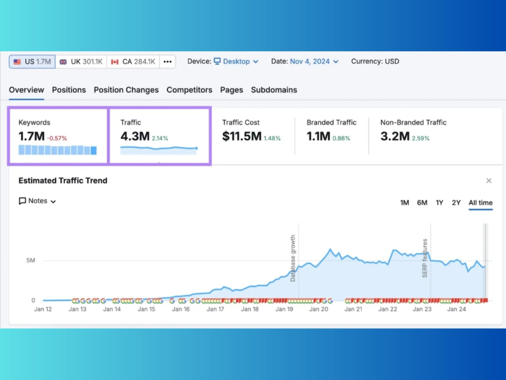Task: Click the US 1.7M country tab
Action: click(x=32, y=62)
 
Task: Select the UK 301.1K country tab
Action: click(x=81, y=62)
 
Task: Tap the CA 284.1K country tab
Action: click(x=133, y=62)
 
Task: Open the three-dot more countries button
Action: click(x=167, y=62)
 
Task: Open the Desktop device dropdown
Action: click(x=236, y=61)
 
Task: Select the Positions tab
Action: click(x=69, y=90)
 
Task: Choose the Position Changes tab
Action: click(x=126, y=90)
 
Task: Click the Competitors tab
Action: click(x=189, y=90)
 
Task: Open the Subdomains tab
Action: click(x=274, y=90)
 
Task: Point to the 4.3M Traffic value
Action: click(x=135, y=136)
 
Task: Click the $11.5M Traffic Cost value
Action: click(x=242, y=136)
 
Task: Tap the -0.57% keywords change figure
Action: click(x=57, y=138)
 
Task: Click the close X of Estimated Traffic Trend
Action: click(x=489, y=181)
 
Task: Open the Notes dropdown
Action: click(x=37, y=201)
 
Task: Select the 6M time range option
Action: click(x=422, y=203)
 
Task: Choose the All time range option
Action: click(x=481, y=203)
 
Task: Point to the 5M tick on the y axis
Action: click(x=31, y=260)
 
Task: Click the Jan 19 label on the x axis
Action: click(x=284, y=309)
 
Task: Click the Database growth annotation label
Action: click(x=292, y=258)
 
